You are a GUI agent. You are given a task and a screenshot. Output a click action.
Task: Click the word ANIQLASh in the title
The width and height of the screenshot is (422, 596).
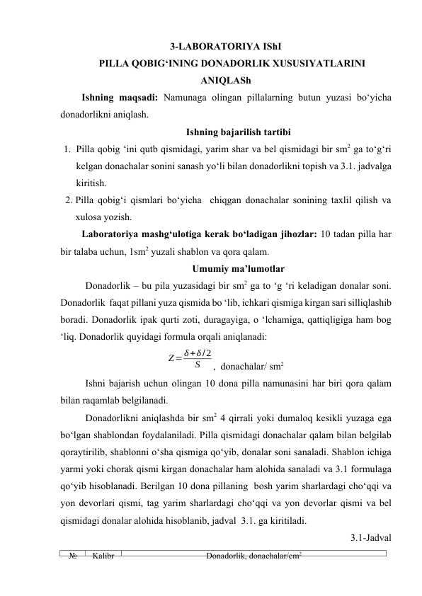point(227,80)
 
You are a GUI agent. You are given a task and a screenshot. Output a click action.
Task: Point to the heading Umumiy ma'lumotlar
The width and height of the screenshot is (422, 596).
point(227,268)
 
